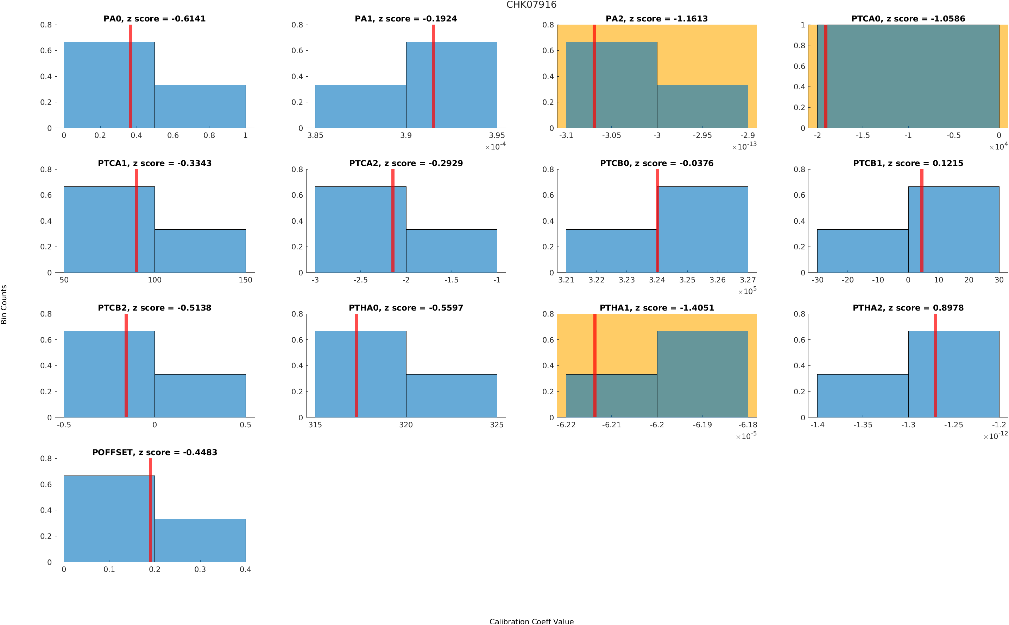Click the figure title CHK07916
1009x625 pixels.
click(x=531, y=5)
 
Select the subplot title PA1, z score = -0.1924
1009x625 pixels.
click(x=405, y=19)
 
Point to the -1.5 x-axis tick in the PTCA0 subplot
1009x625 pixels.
click(x=863, y=135)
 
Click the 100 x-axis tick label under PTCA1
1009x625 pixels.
click(x=154, y=280)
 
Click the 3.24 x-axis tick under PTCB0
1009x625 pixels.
click(x=657, y=280)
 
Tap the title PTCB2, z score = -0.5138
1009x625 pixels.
click(x=154, y=308)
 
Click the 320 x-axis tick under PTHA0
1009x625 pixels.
click(x=406, y=425)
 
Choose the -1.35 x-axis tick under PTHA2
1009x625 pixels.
click(x=863, y=425)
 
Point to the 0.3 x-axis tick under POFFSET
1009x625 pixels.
click(x=200, y=569)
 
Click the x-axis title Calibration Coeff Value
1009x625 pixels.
click(x=531, y=621)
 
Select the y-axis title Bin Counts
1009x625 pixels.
click(x=4, y=304)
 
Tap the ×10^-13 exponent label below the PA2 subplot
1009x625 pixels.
click(x=744, y=146)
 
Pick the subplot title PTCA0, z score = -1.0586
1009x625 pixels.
click(x=908, y=19)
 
